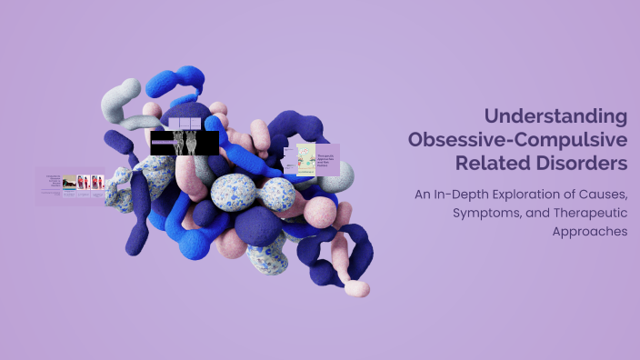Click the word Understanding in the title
[555, 116]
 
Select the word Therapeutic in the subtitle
[585, 213]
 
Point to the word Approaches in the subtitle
[589, 232]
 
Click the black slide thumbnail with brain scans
[185, 143]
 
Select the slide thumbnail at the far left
[70, 185]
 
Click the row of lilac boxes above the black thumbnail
[185, 123]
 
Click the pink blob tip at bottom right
[356, 288]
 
